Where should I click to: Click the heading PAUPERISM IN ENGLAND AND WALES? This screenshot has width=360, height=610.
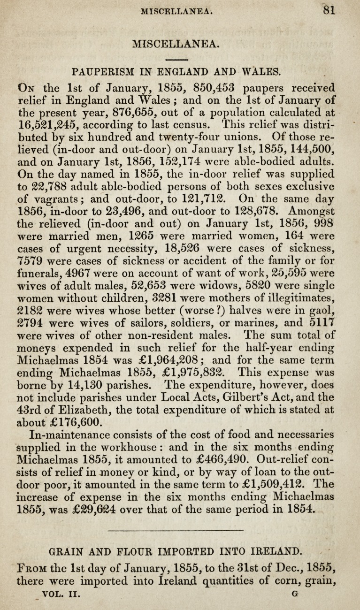176,72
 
